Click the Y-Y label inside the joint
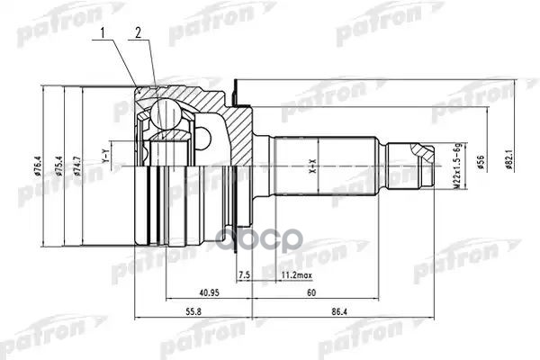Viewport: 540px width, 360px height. click(x=104, y=158)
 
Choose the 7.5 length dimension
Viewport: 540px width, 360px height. click(x=243, y=274)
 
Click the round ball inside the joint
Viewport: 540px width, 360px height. click(x=166, y=113)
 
